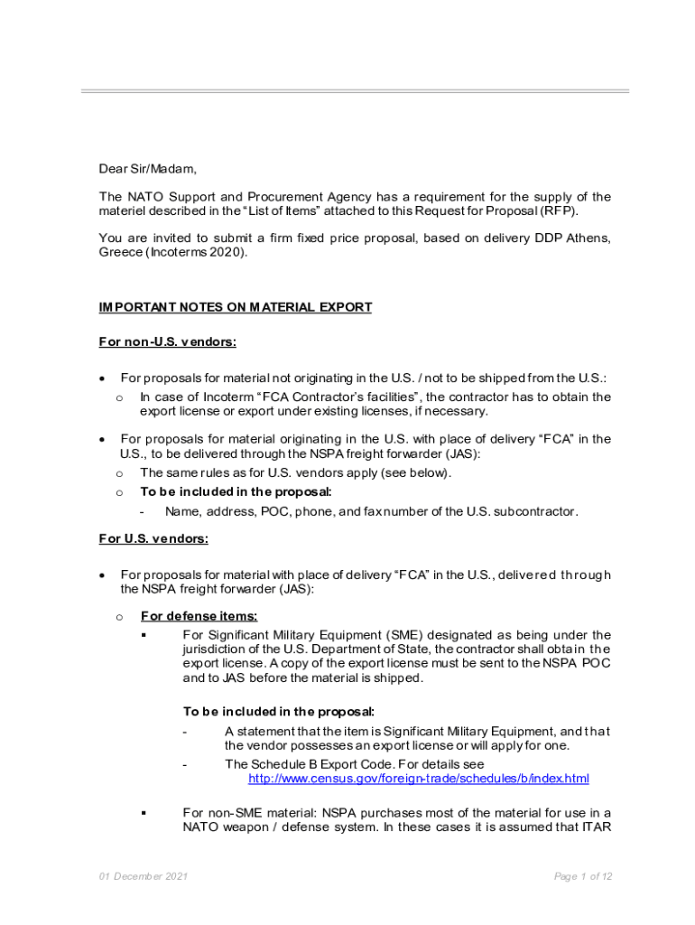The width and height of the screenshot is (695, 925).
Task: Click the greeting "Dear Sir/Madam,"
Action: [x=147, y=168]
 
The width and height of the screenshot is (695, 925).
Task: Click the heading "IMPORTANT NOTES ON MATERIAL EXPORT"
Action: [x=235, y=307]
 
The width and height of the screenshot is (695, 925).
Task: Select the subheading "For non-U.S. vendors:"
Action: [x=167, y=341]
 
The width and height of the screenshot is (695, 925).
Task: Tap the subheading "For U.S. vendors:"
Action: [x=153, y=539]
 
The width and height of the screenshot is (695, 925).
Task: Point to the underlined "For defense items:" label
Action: [x=199, y=617]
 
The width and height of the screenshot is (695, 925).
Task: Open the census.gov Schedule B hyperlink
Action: [x=418, y=778]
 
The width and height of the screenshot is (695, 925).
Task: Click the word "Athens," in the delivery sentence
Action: [x=588, y=238]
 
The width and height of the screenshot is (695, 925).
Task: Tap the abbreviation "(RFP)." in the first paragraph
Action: [x=559, y=210]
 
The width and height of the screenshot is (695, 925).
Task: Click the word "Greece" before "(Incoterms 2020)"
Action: [x=120, y=252]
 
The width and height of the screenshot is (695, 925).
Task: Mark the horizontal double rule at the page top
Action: [x=355, y=91]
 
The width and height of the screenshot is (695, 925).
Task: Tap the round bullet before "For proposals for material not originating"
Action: [x=104, y=378]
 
